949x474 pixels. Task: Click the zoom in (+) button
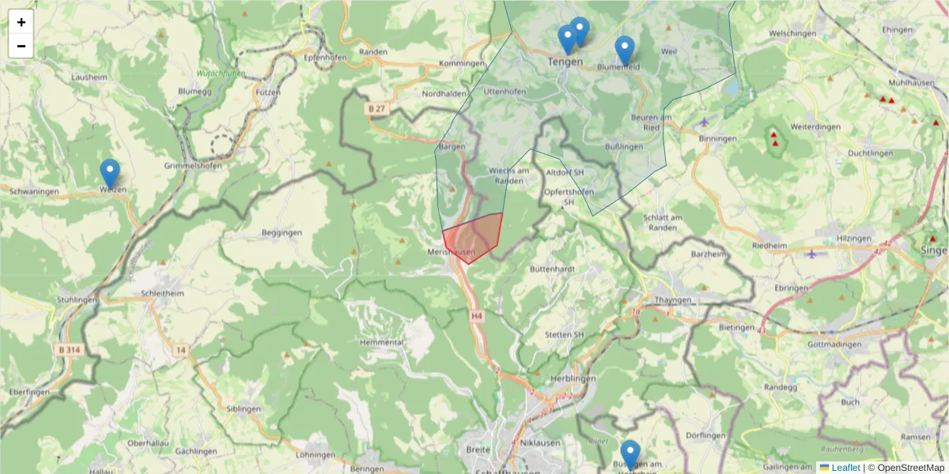21,22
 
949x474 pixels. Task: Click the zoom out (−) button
21,46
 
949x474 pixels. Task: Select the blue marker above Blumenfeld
625,50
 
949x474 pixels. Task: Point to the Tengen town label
565,62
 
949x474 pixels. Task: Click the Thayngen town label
673,300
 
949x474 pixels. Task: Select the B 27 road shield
376,108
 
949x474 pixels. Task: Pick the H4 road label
476,316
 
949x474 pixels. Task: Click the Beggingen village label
282,233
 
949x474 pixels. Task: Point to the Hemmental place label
381,342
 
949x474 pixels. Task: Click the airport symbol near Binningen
705,122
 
